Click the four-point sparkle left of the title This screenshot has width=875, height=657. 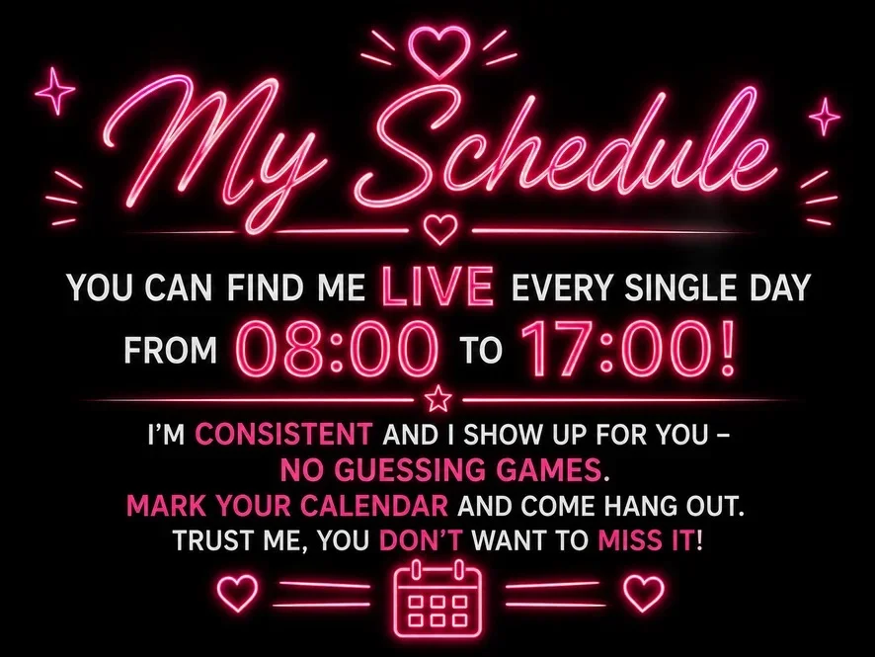(54, 91)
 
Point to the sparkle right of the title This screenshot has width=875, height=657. (825, 117)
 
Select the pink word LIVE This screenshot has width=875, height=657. (437, 286)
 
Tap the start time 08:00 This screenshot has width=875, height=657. (339, 350)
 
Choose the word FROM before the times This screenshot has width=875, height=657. (170, 351)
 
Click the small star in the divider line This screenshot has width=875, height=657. (438, 399)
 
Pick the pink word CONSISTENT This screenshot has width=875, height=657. (284, 435)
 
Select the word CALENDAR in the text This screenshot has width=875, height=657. (374, 506)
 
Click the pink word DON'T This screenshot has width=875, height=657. (422, 540)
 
